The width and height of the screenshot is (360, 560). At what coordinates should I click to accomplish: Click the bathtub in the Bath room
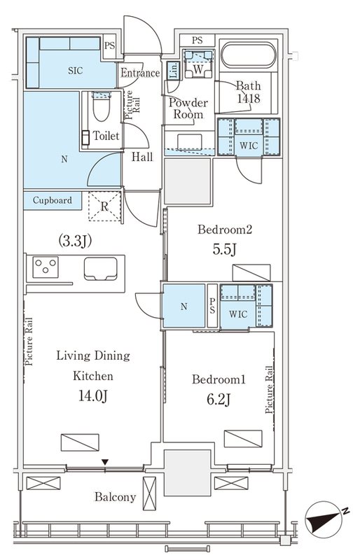[249, 55]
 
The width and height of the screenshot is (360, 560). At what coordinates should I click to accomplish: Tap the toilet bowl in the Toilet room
[101, 107]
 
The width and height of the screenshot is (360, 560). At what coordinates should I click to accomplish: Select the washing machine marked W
[198, 64]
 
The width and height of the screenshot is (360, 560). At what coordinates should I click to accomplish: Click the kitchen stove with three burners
[46, 267]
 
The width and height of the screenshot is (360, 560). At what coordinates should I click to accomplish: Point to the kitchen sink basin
[101, 269]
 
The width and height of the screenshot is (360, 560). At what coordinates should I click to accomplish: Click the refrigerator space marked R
[104, 206]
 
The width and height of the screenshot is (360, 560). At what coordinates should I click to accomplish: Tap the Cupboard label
[53, 200]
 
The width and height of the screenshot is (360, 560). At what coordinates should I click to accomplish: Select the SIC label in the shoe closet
[76, 71]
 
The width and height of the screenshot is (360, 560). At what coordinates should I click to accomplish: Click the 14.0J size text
[93, 395]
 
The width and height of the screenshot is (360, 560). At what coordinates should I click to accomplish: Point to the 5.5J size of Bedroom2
[224, 250]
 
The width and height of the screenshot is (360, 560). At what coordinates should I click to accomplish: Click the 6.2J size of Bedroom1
[218, 399]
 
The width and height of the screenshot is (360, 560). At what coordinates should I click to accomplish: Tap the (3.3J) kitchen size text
[75, 241]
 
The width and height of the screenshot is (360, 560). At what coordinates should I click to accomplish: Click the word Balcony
[115, 497]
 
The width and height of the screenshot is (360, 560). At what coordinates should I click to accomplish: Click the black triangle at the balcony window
[105, 462]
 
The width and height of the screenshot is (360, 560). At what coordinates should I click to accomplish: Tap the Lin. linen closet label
[174, 71]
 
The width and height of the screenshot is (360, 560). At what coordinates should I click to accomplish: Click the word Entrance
[140, 73]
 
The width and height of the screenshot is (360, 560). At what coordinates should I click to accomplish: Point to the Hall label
[142, 156]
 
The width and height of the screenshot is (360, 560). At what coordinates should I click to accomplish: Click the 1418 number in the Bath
[249, 98]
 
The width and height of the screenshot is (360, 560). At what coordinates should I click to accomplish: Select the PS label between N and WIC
[212, 306]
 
